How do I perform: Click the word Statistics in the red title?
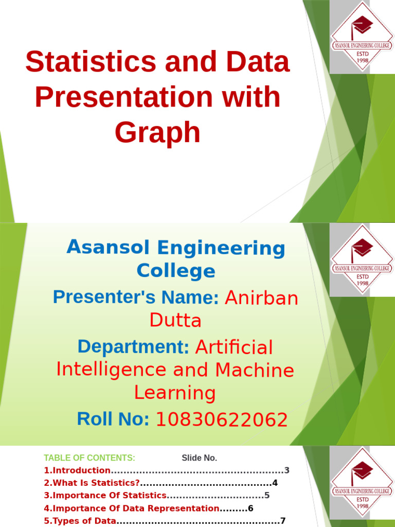(x=91, y=62)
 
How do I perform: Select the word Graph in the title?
(x=157, y=132)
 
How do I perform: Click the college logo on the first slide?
(x=362, y=37)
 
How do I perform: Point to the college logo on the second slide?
(x=362, y=259)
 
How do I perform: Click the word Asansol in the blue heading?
(x=109, y=248)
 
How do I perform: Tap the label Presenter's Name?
(x=136, y=297)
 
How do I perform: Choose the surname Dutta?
(x=175, y=320)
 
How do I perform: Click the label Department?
(x=134, y=347)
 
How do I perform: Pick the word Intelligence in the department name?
(x=111, y=370)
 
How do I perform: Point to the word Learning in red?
(x=175, y=393)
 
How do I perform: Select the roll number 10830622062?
(x=221, y=420)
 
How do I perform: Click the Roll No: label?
(x=113, y=419)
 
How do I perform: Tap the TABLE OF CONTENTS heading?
(x=89, y=458)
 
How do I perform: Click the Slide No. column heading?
(x=200, y=458)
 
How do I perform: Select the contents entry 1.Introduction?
(x=77, y=470)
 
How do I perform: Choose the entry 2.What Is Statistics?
(x=92, y=483)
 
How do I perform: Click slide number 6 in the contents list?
(x=251, y=508)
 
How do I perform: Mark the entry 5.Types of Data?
(x=80, y=521)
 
